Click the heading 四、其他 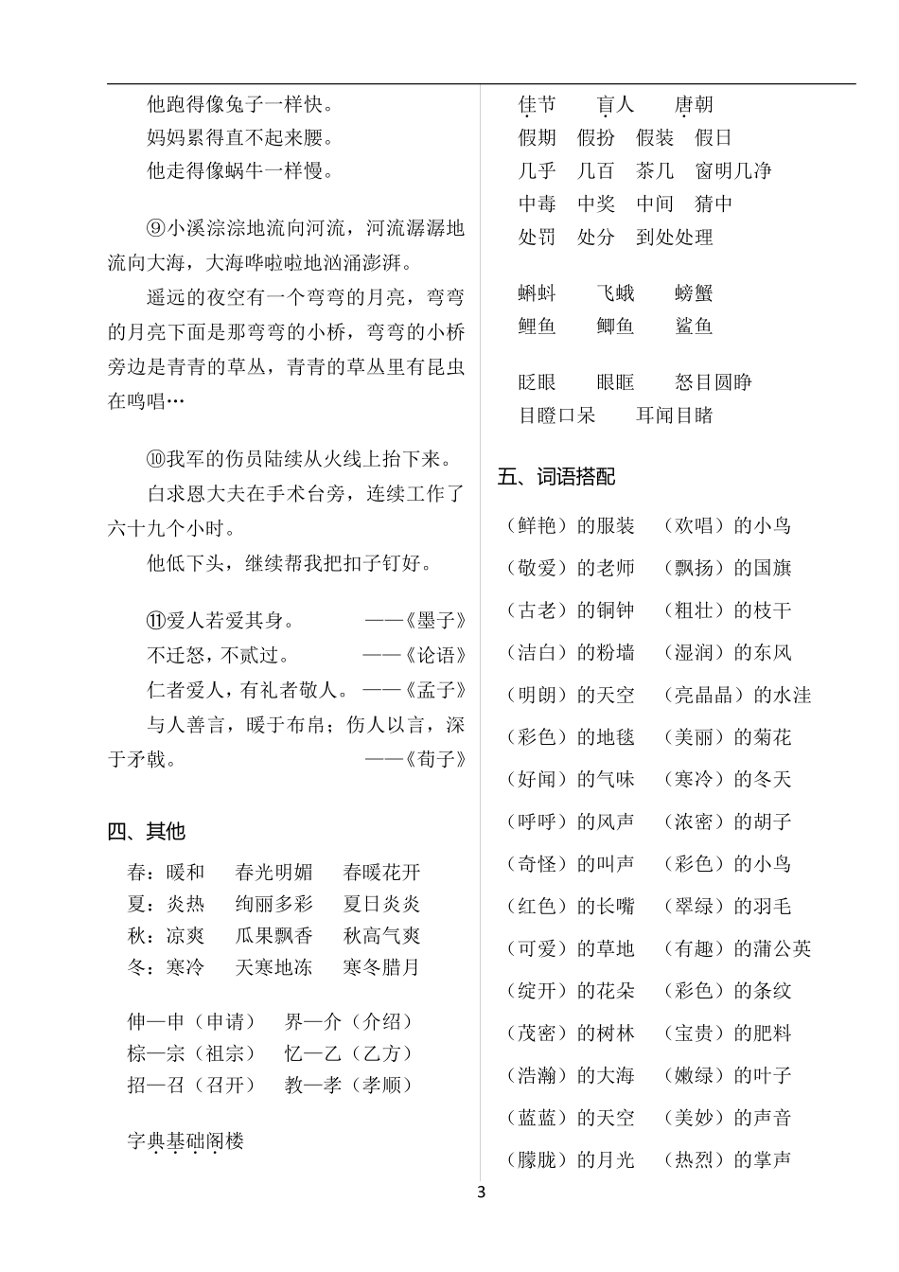pos(146,831)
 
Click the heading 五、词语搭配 pos(556,477)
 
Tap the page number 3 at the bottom pos(481,1192)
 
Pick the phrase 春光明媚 pos(273,872)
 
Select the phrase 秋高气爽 pos(381,935)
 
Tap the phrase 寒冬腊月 pos(381,967)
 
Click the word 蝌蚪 pos(538,293)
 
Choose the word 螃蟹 pos(694,293)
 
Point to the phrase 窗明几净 pos(733,170)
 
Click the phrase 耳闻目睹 pos(674,415)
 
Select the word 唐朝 pos(694,104)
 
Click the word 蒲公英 pos(772,948)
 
